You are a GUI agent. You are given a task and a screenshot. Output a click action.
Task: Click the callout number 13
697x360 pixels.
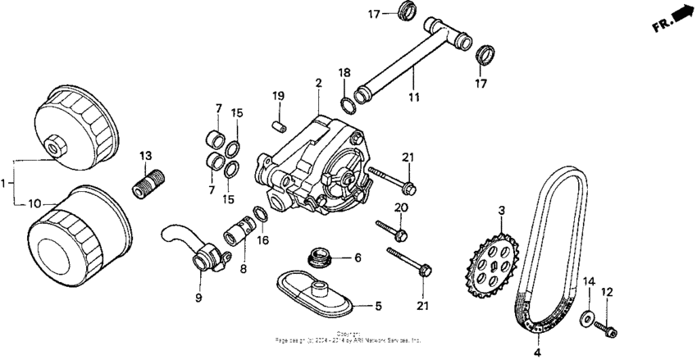146,156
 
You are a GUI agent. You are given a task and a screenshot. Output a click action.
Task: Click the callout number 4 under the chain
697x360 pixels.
537,352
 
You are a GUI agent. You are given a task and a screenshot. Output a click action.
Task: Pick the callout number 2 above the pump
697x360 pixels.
317,82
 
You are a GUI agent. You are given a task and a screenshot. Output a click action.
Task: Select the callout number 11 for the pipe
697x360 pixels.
413,98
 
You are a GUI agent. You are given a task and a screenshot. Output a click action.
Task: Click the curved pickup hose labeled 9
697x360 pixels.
189,245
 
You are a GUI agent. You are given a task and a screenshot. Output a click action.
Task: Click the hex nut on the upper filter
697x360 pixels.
56,149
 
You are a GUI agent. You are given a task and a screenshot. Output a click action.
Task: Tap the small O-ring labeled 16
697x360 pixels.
261,213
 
